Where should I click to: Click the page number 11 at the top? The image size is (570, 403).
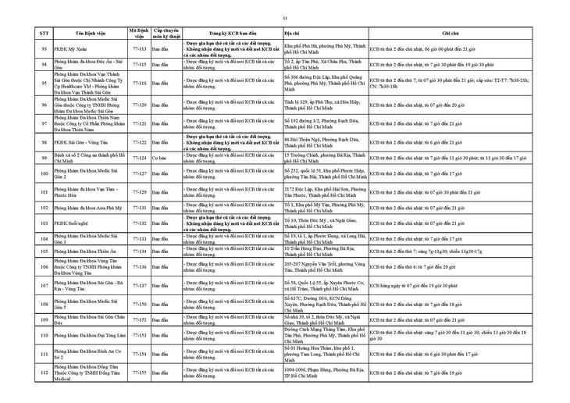click(285, 18)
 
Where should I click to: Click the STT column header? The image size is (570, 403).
click(44, 34)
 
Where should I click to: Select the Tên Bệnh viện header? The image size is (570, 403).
click(87, 34)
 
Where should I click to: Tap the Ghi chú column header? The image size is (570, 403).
click(451, 34)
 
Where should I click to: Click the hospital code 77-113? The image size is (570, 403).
click(140, 48)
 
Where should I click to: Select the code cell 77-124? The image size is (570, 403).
click(140, 158)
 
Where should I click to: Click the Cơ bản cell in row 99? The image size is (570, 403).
click(160, 158)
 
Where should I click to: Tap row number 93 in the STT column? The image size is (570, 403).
click(44, 48)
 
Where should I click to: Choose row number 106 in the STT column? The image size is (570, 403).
click(44, 266)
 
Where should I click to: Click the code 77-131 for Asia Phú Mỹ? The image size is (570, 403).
click(140, 208)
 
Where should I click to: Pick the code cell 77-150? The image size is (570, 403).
click(140, 304)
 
